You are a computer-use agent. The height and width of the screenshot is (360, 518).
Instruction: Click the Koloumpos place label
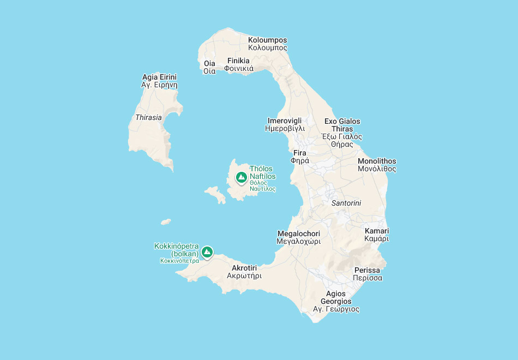point(267,44)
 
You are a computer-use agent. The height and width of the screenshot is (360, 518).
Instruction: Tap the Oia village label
point(209,67)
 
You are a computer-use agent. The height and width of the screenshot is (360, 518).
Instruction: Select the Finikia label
point(238,64)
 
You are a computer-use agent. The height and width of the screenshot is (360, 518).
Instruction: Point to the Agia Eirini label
point(159,81)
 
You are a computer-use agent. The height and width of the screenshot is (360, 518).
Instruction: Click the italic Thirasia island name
point(148,117)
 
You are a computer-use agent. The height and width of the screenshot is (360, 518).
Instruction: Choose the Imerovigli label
point(285,124)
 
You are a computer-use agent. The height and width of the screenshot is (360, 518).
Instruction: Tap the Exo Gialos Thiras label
point(342,133)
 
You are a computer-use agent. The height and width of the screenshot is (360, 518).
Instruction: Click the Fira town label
point(300,157)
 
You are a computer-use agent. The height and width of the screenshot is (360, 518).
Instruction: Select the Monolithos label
point(377,165)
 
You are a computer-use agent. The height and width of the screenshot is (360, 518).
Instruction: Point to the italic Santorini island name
point(346,203)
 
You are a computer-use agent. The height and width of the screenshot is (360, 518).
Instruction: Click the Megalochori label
point(299,237)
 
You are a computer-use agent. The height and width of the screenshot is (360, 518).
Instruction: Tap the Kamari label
point(377,235)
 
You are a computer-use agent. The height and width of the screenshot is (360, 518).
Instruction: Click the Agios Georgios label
point(336,302)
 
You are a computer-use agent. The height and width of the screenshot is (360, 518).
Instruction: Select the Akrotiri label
point(244,272)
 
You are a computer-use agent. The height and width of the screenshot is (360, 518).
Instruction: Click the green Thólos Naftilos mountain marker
point(241,177)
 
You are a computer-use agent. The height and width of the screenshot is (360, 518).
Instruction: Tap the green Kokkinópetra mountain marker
point(207,252)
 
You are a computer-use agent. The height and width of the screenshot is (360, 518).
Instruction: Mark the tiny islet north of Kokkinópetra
point(166,222)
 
